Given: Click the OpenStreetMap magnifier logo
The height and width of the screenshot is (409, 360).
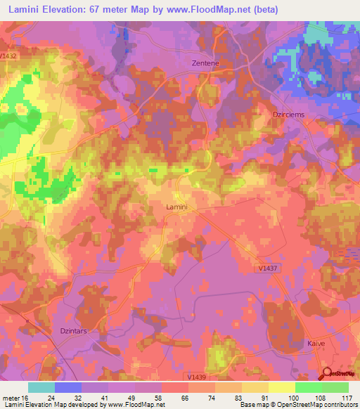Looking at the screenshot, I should [328, 375].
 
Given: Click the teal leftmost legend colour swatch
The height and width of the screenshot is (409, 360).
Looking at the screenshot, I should [41, 387].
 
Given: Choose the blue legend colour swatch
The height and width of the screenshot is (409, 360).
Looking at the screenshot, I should [68, 387].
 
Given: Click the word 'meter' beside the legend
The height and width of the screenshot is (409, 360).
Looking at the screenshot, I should [11, 397].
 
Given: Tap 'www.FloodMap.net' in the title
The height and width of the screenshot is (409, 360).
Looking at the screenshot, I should [209, 10].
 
